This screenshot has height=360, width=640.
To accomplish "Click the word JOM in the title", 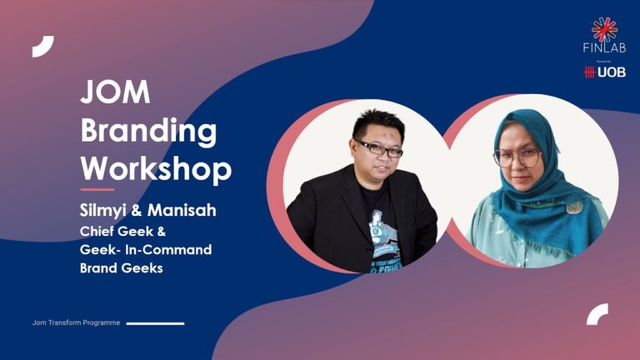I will click(x=116, y=93).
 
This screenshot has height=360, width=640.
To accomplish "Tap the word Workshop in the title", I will click(x=156, y=169).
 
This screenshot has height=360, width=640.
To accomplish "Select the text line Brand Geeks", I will click(x=122, y=268).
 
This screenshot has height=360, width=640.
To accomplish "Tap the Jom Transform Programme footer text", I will click(x=76, y=322).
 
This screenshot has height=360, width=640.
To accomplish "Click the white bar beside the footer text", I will click(x=156, y=322).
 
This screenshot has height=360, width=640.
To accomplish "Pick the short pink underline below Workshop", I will click(x=97, y=190).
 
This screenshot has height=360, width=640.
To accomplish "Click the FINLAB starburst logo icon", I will click(x=604, y=29).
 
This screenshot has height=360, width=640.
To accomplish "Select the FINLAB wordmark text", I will click(x=604, y=48).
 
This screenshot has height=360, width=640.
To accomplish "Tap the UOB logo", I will click(x=605, y=72).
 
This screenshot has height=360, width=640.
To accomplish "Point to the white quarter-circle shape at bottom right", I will click(x=597, y=314).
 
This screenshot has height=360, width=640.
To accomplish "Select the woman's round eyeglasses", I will click(x=517, y=157).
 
